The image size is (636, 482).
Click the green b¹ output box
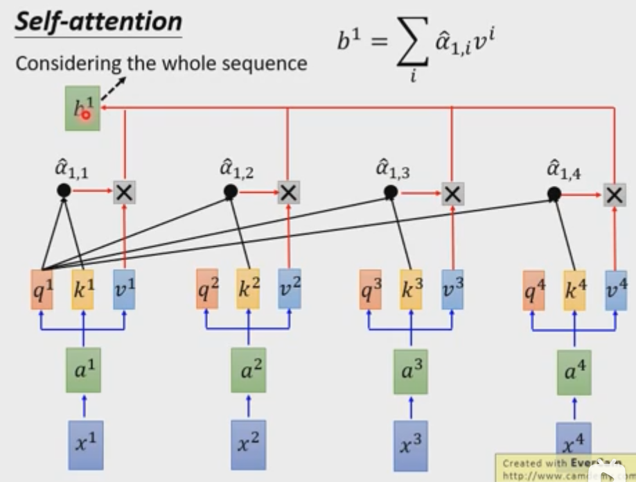(82, 108)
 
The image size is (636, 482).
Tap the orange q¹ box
(43, 289)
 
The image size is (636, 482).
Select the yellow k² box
(247, 289)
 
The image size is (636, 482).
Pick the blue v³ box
(452, 289)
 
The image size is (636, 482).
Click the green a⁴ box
(574, 372)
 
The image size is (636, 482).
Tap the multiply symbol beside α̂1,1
(124, 192)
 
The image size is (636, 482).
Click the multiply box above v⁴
(613, 194)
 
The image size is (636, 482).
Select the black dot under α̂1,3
(391, 191)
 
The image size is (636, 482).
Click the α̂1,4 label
(562, 170)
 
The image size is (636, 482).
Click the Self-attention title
(98, 22)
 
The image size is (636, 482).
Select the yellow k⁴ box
(574, 290)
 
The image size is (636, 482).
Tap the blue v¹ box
(125, 289)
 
